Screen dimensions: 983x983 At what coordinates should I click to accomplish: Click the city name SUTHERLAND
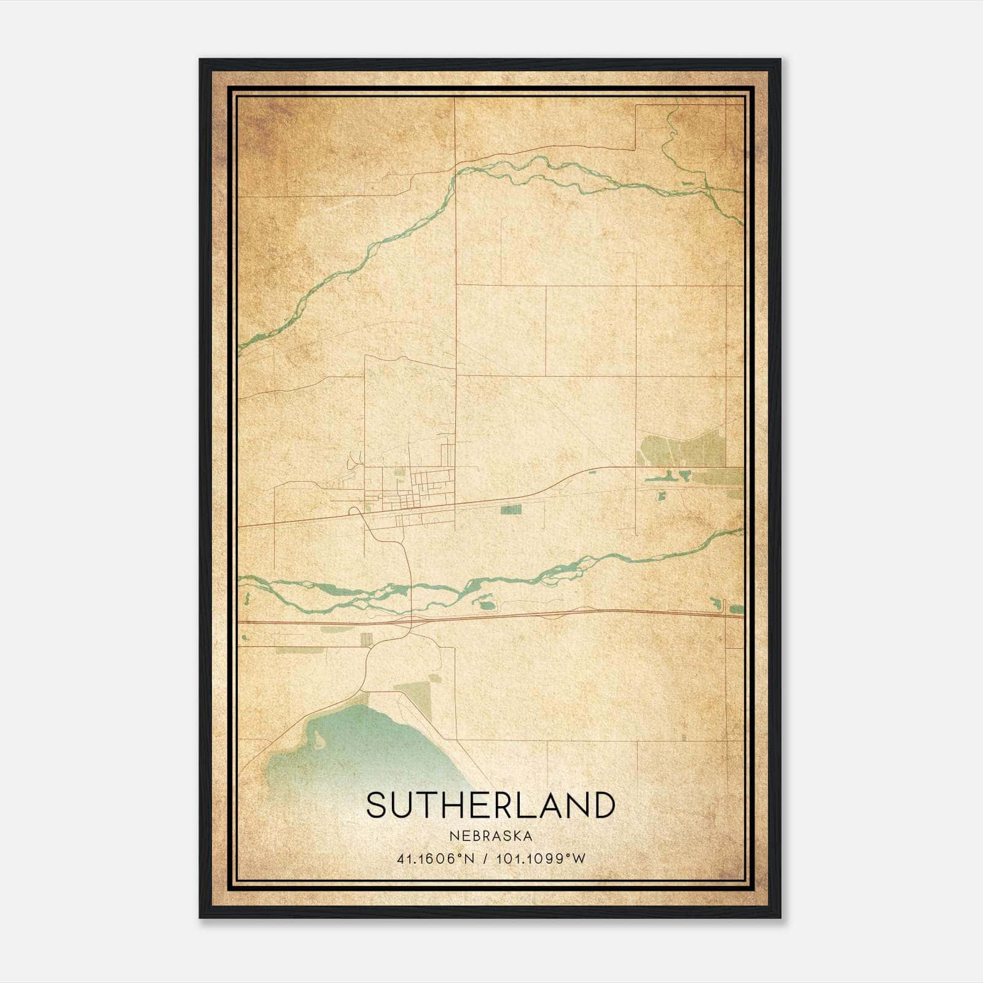pos(490,805)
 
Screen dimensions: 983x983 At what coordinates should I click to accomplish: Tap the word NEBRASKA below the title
pos(490,836)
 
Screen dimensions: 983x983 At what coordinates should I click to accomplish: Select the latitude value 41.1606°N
pos(434,859)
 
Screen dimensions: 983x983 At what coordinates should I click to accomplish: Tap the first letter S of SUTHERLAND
pos(377,805)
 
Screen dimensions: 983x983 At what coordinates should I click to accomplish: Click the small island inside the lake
pos(319,739)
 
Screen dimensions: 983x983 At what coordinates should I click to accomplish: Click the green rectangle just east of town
pos(511,509)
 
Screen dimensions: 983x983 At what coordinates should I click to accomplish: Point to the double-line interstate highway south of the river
pos(553,616)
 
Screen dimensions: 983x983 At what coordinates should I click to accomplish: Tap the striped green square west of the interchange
pos(367,639)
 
